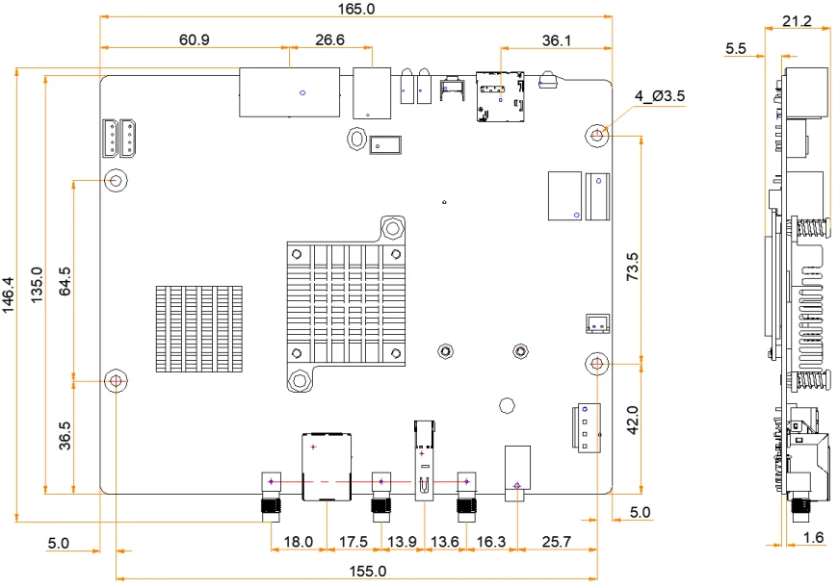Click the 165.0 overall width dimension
pyautogui.click(x=357, y=9)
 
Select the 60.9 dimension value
pyautogui.click(x=194, y=39)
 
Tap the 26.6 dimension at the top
pyautogui.click(x=328, y=39)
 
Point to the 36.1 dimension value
pyautogui.click(x=557, y=39)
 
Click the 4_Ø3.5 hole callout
pyautogui.click(x=659, y=96)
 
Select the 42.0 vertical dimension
pyautogui.click(x=633, y=422)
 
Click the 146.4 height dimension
pyautogui.click(x=10, y=294)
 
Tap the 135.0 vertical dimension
pyautogui.click(x=37, y=285)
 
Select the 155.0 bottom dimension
pyautogui.click(x=366, y=571)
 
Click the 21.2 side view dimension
pyautogui.click(x=797, y=20)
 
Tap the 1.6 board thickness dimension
pyautogui.click(x=813, y=537)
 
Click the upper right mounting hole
pyautogui.click(x=598, y=136)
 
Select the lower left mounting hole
pyautogui.click(x=117, y=381)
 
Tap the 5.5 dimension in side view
pyautogui.click(x=737, y=48)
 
